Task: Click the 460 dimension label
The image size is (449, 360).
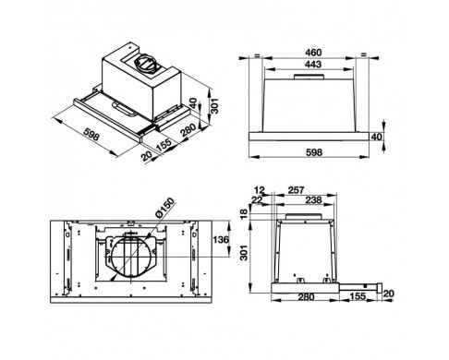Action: [313, 53]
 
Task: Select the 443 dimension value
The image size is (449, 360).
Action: [313, 64]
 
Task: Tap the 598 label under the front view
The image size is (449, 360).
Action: [314, 152]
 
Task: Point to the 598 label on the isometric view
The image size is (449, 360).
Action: [91, 135]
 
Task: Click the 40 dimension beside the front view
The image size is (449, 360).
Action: [376, 137]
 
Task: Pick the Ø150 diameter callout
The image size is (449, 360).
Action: [165, 208]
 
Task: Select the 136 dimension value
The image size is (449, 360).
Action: [221, 239]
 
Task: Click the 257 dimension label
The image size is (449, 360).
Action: [296, 190]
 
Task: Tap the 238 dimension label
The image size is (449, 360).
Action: [313, 200]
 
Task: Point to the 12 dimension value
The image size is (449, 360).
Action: [260, 190]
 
